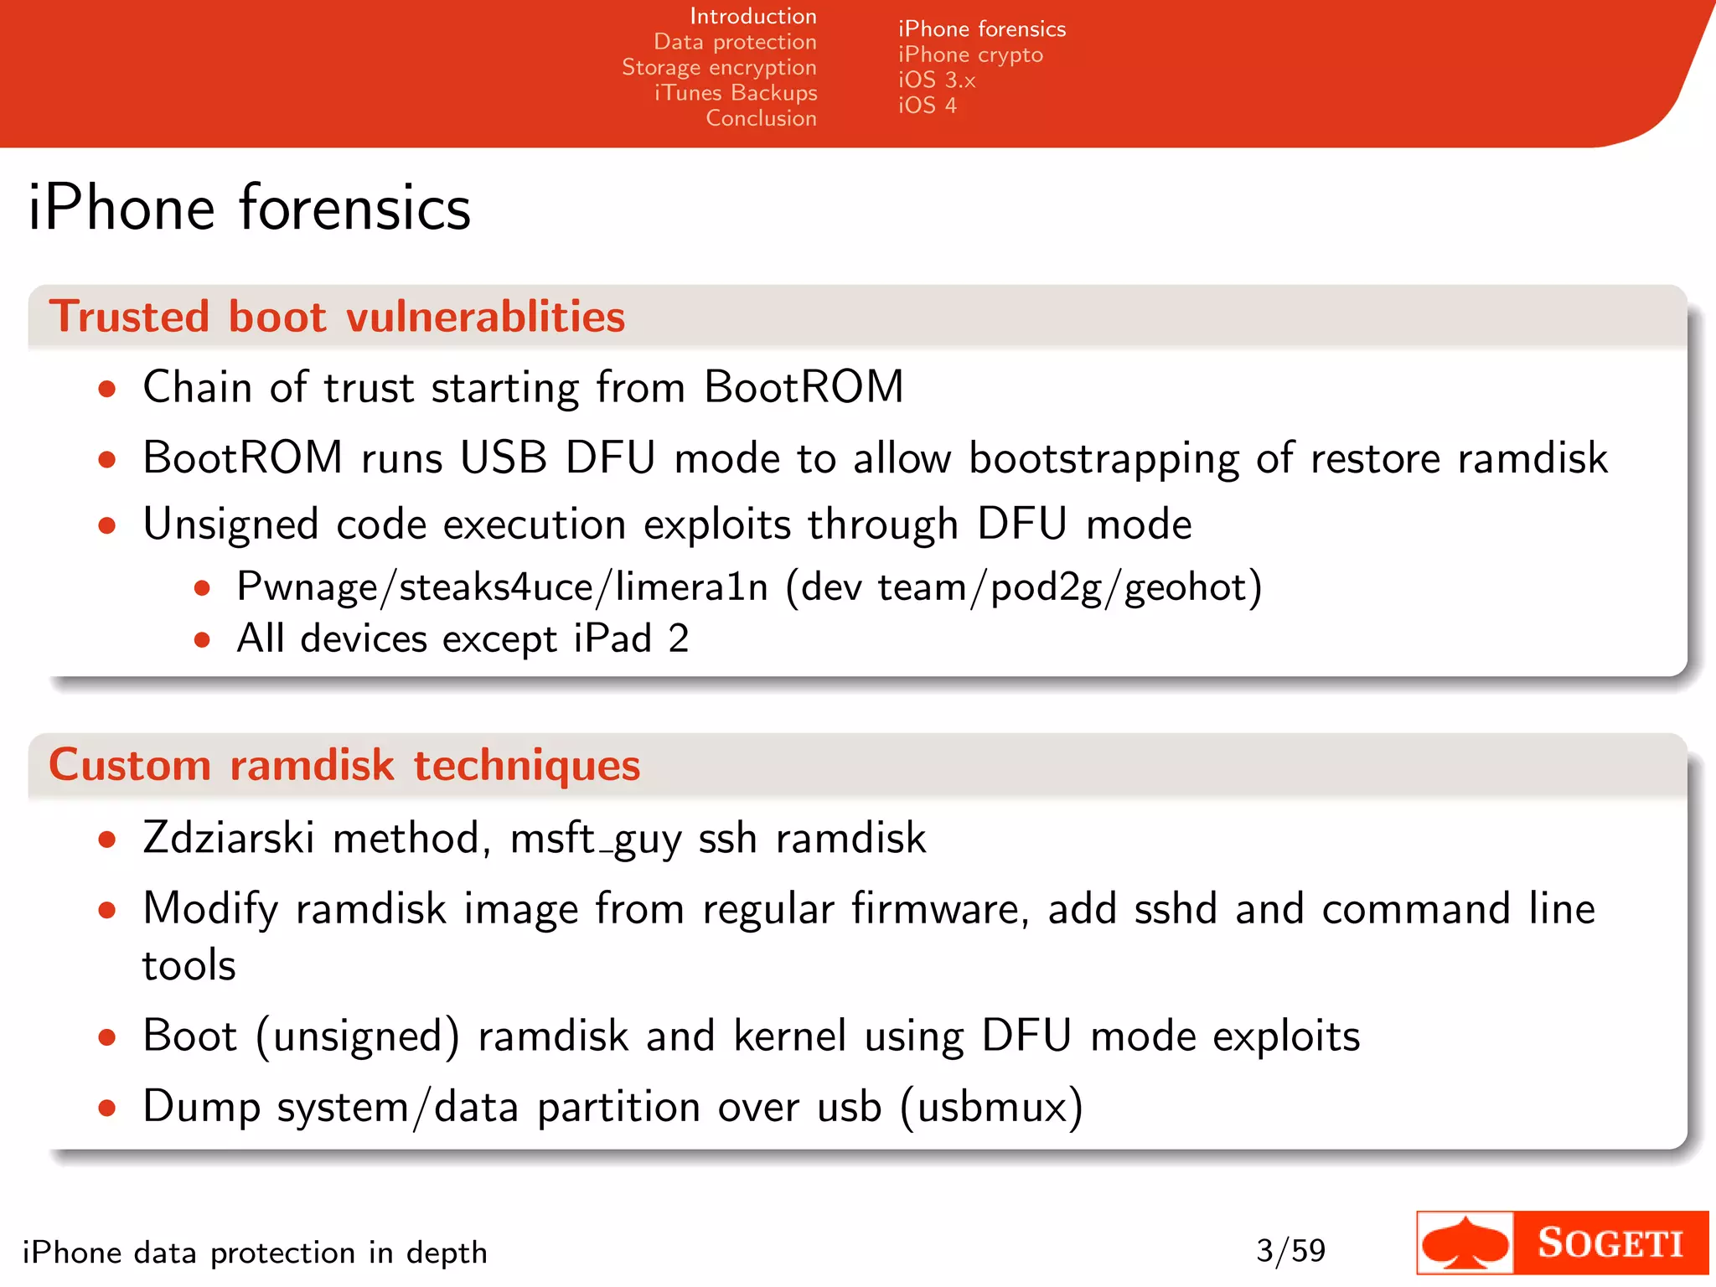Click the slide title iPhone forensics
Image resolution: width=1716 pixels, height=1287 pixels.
coord(249,208)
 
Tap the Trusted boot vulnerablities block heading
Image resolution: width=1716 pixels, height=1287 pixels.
coord(337,317)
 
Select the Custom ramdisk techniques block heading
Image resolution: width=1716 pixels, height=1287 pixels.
coord(344,765)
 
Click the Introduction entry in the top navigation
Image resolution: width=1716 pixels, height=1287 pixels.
coord(752,16)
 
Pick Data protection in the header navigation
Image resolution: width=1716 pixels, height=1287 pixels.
coord(735,42)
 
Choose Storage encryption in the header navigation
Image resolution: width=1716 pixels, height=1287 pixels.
coord(719,67)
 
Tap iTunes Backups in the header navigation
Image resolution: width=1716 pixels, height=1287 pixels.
coord(736,92)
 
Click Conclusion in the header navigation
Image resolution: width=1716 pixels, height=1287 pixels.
coord(761,118)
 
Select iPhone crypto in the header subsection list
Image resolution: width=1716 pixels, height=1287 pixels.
coord(970,55)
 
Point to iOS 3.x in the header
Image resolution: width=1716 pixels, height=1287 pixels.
coord(937,80)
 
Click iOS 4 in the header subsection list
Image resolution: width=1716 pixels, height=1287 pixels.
coord(927,106)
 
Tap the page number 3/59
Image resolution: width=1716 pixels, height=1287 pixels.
coord(1290,1251)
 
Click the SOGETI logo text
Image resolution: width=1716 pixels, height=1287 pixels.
coord(1610,1243)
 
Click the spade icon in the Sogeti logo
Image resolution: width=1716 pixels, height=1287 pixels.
coord(1465,1243)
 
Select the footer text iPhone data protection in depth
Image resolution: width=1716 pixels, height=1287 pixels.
coord(255,1253)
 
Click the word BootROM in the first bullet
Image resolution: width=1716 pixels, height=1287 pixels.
coord(803,387)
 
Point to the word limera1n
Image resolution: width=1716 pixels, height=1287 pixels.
coord(691,587)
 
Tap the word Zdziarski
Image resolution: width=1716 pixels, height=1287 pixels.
coord(229,838)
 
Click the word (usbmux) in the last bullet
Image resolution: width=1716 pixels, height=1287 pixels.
coord(991,1107)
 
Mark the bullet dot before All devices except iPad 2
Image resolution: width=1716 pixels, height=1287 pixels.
coord(201,640)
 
